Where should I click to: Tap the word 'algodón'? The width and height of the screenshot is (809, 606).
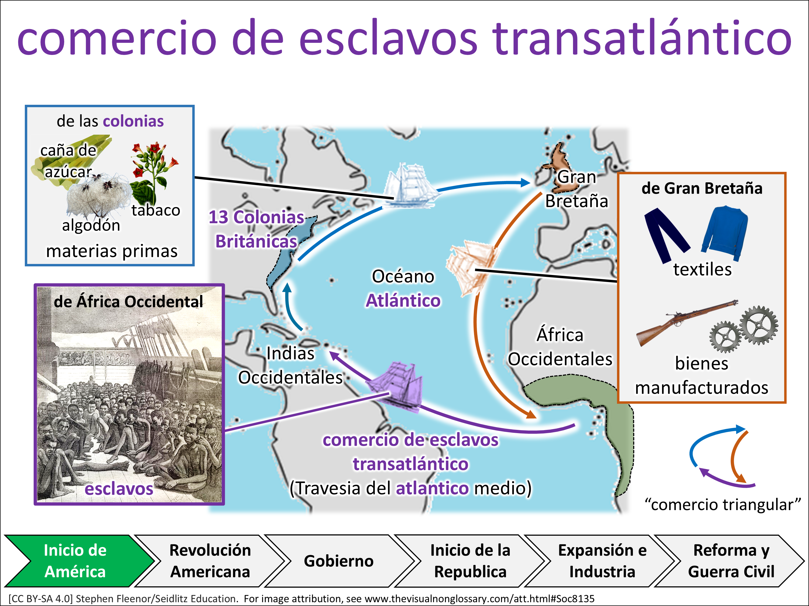91,225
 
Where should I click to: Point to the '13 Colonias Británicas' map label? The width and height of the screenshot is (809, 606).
256,229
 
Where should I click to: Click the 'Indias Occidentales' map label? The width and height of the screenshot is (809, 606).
290,365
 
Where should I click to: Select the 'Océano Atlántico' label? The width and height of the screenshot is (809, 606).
403,288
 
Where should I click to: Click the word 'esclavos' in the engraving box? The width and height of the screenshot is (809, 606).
119,489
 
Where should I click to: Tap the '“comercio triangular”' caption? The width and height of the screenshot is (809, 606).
723,505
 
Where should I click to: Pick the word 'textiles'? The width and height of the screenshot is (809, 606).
702,270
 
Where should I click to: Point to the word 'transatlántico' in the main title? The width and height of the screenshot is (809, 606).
642,38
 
